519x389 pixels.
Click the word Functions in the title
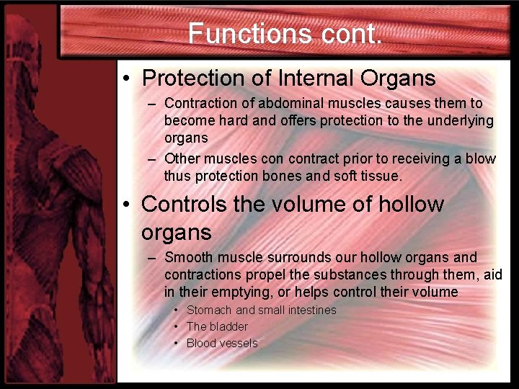[x=249, y=33]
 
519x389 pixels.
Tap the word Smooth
[x=188, y=257]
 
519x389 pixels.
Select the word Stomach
[x=209, y=310]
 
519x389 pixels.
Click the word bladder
[x=229, y=326]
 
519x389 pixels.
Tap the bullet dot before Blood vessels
[x=177, y=343]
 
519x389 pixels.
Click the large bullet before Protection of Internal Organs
[x=127, y=78]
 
